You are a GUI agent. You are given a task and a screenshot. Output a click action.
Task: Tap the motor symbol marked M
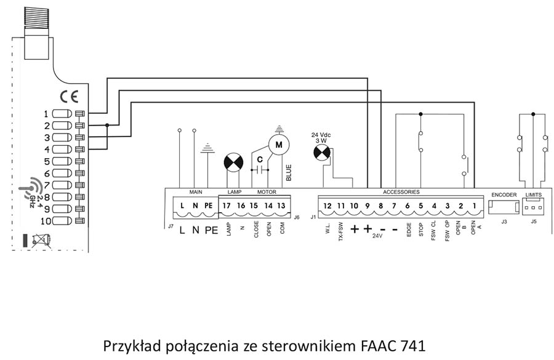tap(279, 145)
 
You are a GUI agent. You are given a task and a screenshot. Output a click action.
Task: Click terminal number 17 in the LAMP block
tap(227, 205)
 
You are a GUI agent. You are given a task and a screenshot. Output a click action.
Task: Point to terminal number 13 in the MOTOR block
tap(281, 205)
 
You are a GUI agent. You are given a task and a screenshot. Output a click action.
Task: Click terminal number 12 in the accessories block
tap(327, 206)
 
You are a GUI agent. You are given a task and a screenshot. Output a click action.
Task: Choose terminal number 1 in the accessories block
tap(474, 206)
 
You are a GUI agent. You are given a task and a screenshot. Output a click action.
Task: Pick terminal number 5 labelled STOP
tap(421, 206)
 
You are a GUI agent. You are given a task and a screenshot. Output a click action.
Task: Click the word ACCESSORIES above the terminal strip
tap(401, 193)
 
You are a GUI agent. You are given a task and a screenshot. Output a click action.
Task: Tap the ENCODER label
tap(504, 194)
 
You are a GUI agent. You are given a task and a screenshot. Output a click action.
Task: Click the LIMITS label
tap(533, 194)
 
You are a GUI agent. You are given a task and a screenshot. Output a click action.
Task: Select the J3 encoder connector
tap(504, 207)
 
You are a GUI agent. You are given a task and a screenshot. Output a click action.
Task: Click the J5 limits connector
tap(533, 207)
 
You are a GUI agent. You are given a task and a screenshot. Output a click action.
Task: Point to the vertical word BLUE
tap(289, 171)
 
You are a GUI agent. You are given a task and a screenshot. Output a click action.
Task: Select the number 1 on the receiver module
tap(46, 113)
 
